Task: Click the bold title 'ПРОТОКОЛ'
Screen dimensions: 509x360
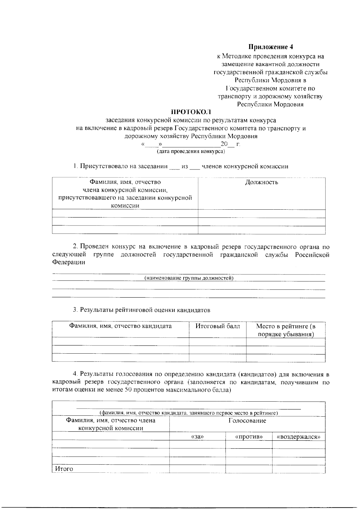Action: click(191, 112)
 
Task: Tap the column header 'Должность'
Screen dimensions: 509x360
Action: click(261, 182)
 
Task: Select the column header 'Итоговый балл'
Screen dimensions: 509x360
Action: click(217, 326)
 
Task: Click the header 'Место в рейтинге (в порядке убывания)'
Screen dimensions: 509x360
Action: click(286, 330)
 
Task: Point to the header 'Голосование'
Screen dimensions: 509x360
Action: click(247, 421)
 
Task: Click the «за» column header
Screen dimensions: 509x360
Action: click(197, 437)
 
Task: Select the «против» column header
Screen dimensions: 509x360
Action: click(249, 437)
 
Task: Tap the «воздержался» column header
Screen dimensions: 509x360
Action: click(298, 437)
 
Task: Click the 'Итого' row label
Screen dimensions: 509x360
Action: click(64, 469)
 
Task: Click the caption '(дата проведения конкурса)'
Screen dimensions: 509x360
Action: click(191, 151)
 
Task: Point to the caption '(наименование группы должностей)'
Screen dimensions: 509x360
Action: click(189, 278)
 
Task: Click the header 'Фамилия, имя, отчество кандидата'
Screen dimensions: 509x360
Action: click(120, 326)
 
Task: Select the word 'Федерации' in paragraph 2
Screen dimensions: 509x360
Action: click(69, 262)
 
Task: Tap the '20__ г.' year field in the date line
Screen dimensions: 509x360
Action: click(230, 144)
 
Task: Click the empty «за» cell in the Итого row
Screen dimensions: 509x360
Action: click(197, 469)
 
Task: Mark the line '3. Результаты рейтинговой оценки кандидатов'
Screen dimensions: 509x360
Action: click(142, 310)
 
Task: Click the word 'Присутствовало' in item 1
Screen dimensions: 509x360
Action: click(101, 166)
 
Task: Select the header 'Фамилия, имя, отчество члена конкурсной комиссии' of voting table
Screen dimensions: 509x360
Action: click(111, 424)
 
